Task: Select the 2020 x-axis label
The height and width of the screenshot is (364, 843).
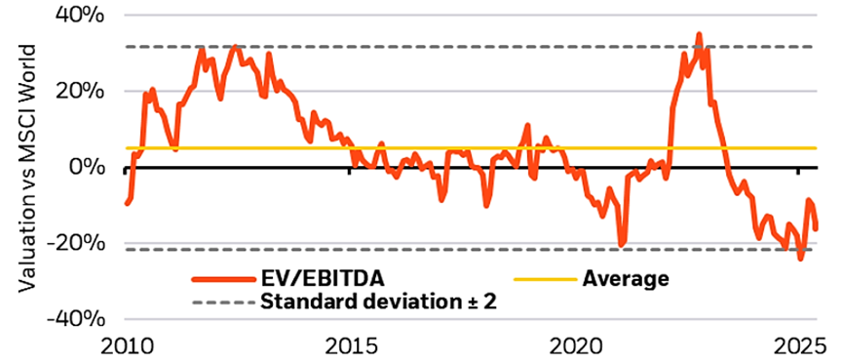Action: [x=575, y=345]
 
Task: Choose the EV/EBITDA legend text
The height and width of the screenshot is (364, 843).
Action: [x=313, y=279]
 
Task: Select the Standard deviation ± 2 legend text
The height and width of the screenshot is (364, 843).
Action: [x=379, y=302]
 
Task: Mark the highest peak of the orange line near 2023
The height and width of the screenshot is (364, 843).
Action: [x=698, y=35]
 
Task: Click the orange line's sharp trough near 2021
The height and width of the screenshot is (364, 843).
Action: [x=622, y=244]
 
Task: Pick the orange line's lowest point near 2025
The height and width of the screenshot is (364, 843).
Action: [x=800, y=259]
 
